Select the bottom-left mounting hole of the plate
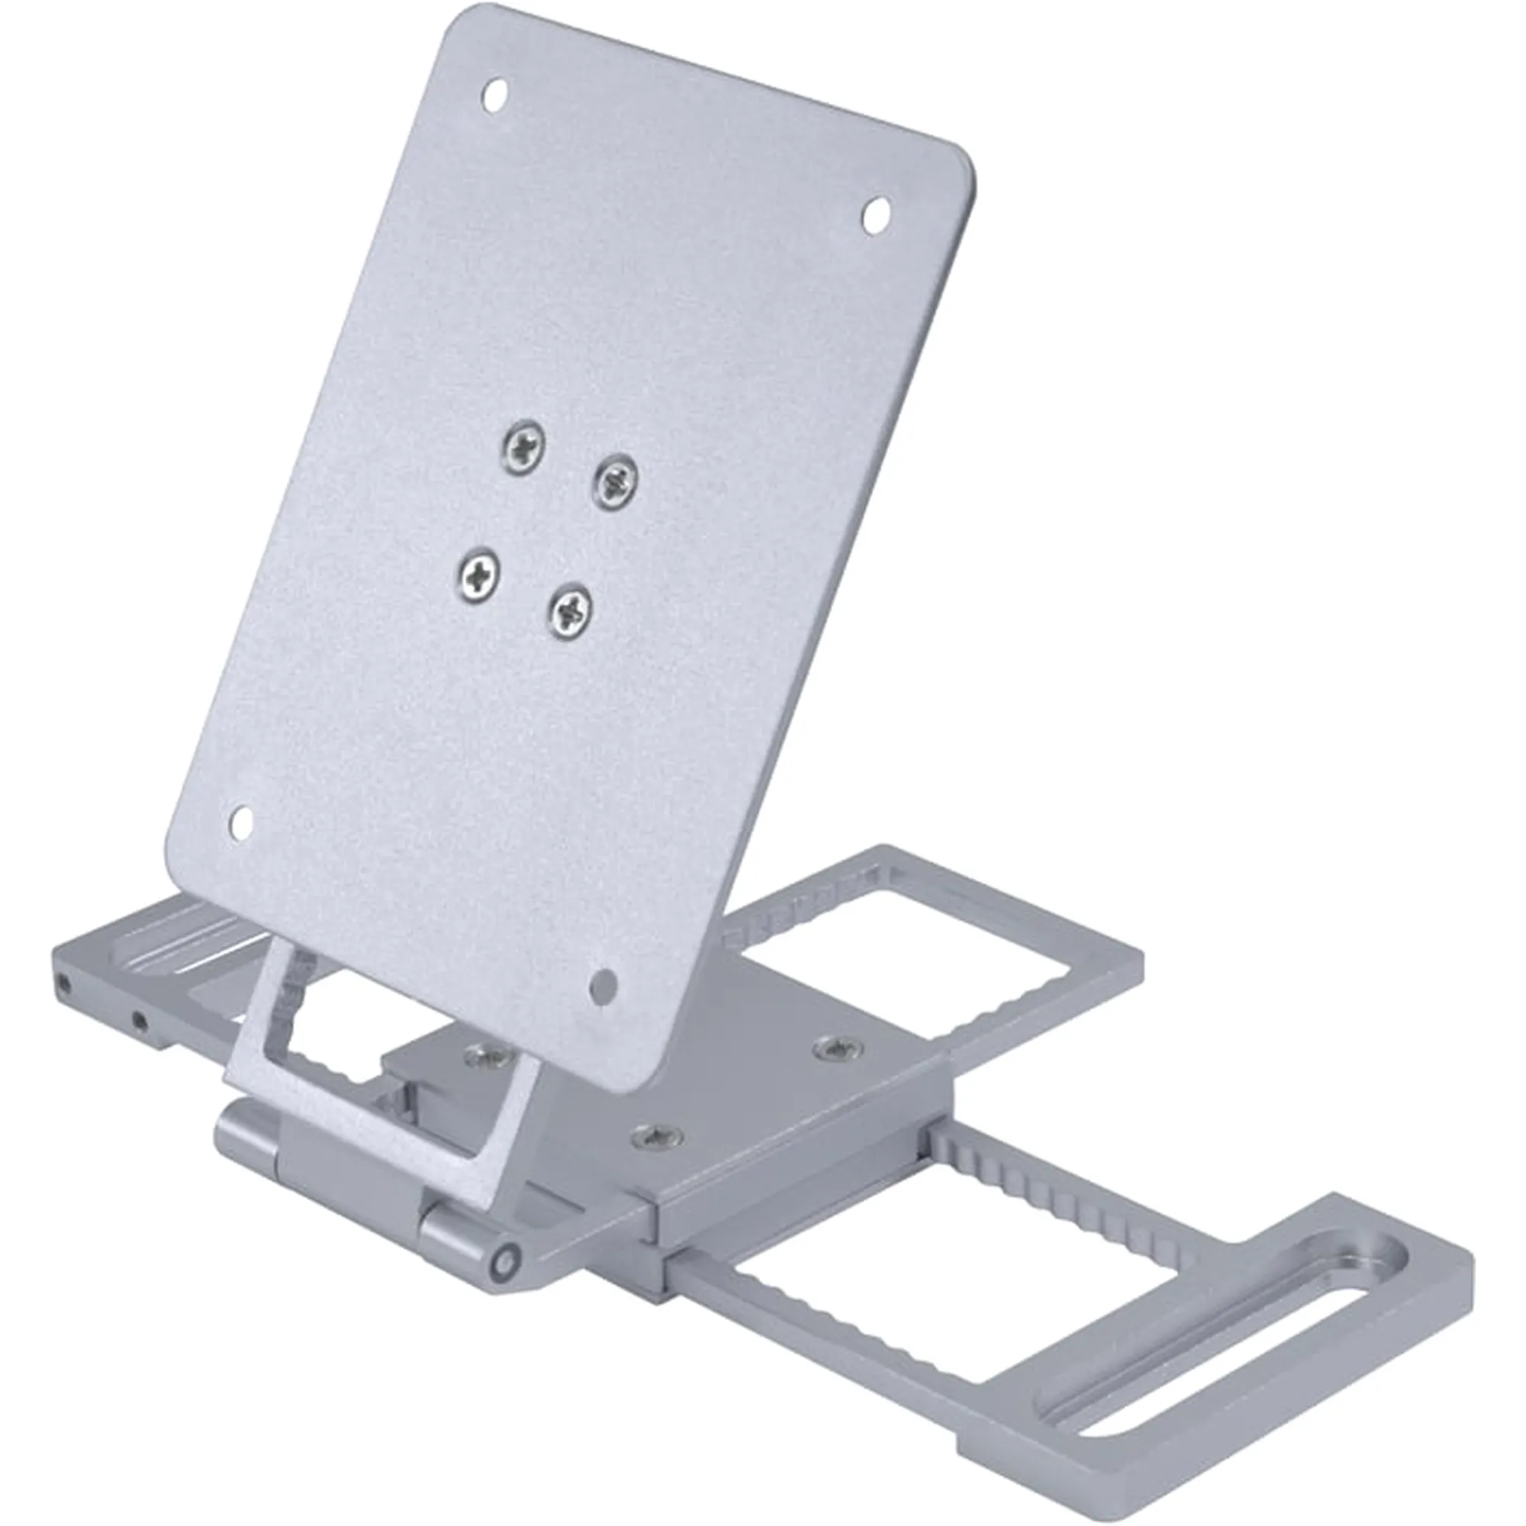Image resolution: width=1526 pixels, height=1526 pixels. point(242,824)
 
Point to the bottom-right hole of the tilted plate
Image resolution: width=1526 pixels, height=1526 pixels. point(604,986)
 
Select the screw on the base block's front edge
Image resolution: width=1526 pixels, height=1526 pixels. point(656,1135)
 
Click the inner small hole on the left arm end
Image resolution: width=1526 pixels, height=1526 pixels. point(139,1022)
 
